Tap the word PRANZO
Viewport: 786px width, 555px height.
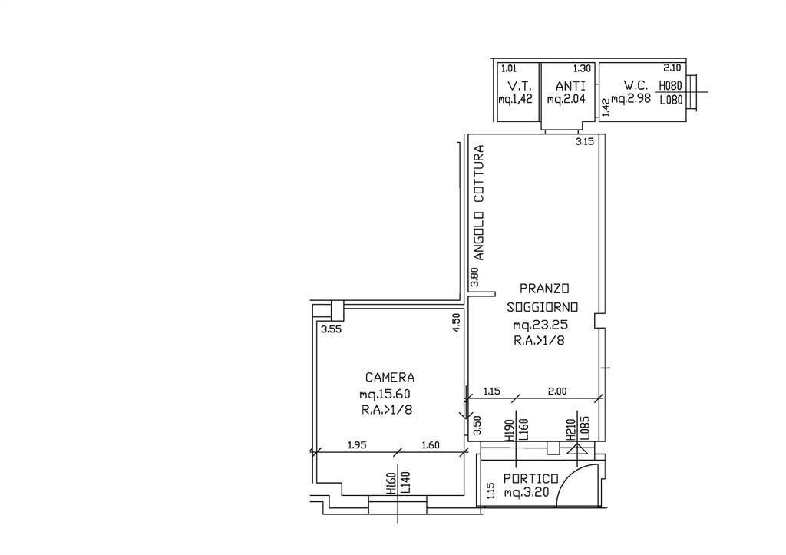click(x=544, y=289)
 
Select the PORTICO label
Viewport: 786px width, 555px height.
click(x=531, y=479)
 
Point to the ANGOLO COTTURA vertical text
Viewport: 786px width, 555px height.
click(x=480, y=203)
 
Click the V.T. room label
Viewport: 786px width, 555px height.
click(x=516, y=86)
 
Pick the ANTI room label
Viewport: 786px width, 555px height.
click(x=570, y=86)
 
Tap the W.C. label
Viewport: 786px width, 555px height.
click(x=636, y=84)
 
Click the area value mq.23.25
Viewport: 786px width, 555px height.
click(x=540, y=325)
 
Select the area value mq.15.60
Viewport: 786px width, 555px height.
click(x=385, y=394)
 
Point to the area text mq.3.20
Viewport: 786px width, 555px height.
click(x=527, y=493)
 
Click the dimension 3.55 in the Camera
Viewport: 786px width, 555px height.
click(x=331, y=329)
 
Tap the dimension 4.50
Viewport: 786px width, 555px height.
click(x=456, y=322)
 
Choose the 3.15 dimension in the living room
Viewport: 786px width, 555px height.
click(x=584, y=141)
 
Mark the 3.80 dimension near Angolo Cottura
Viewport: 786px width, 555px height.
click(x=474, y=276)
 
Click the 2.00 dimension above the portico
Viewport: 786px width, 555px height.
click(x=557, y=391)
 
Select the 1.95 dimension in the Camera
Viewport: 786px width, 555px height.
click(x=358, y=444)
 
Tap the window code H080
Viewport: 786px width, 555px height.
click(x=671, y=86)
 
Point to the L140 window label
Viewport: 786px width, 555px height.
click(x=405, y=483)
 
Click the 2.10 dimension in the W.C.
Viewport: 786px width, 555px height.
click(x=672, y=68)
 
